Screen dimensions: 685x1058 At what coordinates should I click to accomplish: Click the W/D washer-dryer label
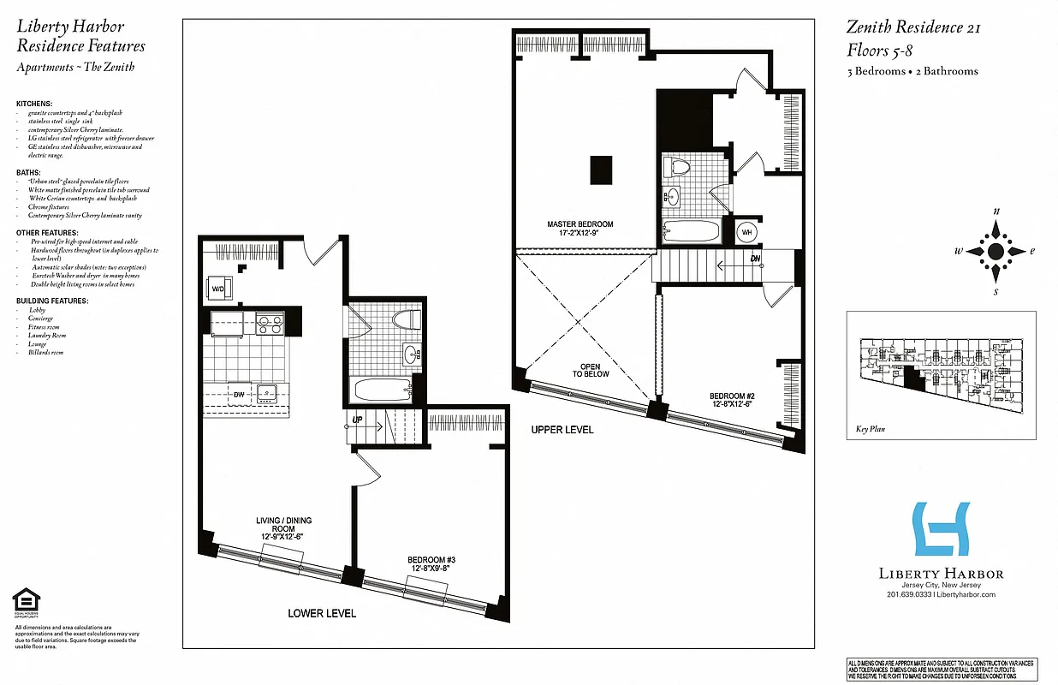point(217,289)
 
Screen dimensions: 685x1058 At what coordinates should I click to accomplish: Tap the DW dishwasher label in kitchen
point(228,395)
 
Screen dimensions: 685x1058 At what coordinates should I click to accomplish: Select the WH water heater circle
point(745,231)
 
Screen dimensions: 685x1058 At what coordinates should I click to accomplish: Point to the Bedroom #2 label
point(730,400)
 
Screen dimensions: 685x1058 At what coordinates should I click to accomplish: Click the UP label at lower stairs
point(357,420)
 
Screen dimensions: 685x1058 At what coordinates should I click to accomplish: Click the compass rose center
point(996,252)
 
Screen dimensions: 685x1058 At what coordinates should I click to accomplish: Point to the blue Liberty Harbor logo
point(941,528)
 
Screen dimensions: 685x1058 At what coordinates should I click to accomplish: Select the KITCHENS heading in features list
point(34,103)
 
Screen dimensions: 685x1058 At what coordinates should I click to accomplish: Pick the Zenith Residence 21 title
point(913,27)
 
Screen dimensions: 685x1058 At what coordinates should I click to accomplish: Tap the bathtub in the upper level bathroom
point(692,231)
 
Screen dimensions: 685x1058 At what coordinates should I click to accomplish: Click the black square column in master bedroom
point(601,170)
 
